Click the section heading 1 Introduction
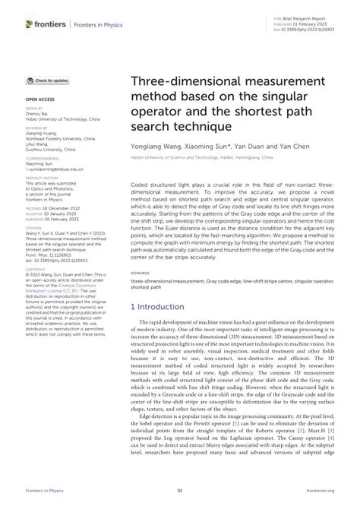(x=158, y=306)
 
